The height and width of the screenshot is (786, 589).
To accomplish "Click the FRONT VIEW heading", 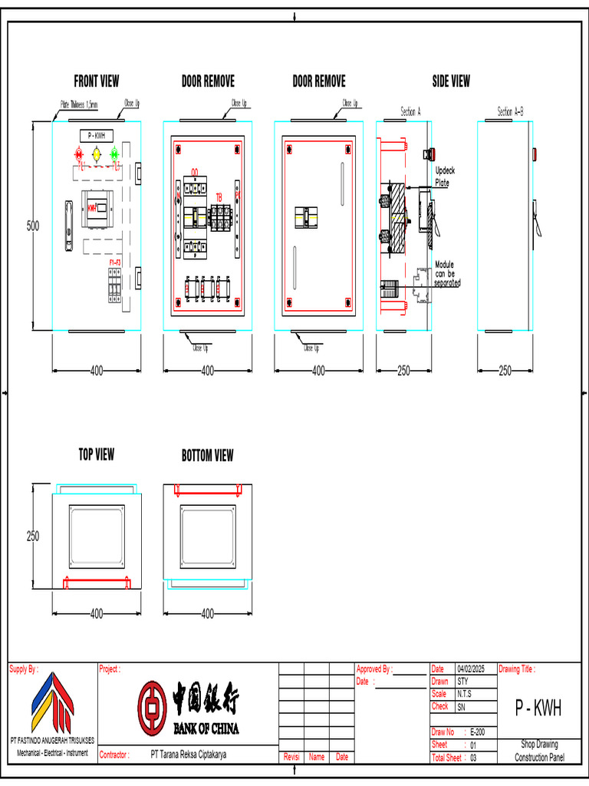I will point(97,81).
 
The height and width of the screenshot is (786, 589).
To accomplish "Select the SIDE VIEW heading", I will point(451,81).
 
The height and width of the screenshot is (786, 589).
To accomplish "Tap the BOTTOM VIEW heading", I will point(207,455).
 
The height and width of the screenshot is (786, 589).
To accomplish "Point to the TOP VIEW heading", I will point(97,454).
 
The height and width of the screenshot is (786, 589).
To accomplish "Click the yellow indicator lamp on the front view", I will point(97,154).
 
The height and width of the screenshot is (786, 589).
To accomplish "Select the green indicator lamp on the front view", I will point(114,154).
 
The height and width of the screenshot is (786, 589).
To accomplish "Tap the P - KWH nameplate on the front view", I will point(96,135).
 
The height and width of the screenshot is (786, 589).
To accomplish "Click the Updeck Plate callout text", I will point(445,177).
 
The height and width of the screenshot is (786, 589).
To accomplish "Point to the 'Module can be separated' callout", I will point(448,273).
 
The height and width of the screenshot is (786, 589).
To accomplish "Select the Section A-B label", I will point(510,111).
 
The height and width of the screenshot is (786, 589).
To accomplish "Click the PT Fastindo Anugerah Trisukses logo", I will point(52,704).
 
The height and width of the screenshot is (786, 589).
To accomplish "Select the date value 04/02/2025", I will point(472,669).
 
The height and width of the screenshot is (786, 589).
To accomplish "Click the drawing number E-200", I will point(477,732).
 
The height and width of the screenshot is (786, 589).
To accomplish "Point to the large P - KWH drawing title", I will point(538,708).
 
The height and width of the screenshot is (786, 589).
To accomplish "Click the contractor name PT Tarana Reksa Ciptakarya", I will point(189,755).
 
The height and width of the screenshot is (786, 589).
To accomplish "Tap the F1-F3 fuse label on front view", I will point(114,263).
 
